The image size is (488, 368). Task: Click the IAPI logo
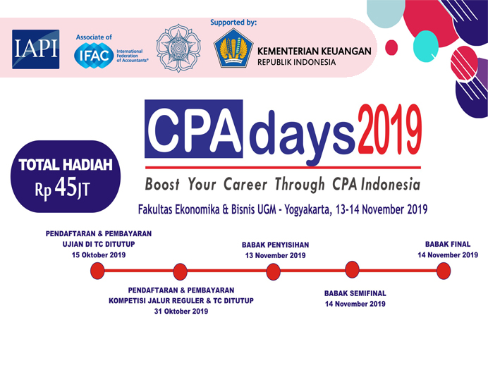pos(36,49)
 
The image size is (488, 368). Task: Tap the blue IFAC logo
pos(94,56)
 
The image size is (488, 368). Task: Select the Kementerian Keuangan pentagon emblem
pos(233,48)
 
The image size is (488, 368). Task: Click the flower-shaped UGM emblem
pos(178,48)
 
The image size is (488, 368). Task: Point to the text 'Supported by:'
pos(233,23)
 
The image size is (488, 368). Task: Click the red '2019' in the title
pos(390,129)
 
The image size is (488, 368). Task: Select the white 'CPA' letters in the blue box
pos(194,129)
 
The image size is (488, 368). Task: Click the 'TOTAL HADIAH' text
pos(66,165)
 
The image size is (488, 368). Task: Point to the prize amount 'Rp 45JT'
pos(62,188)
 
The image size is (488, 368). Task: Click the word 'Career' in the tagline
pos(245,184)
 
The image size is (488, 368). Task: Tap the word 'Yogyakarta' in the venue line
pos(307,209)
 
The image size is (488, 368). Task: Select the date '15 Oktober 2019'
pos(99,255)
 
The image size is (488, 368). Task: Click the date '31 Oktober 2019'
pos(181,312)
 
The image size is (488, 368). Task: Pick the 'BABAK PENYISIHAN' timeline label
pos(276,245)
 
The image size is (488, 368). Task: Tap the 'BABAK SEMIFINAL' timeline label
pos(355,293)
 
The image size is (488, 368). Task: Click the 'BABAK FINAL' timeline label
pos(448,244)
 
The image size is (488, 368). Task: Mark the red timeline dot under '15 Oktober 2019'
pos(97,271)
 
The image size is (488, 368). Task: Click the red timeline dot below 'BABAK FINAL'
pos(444,271)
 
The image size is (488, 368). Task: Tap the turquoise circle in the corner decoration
pos(426,47)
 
